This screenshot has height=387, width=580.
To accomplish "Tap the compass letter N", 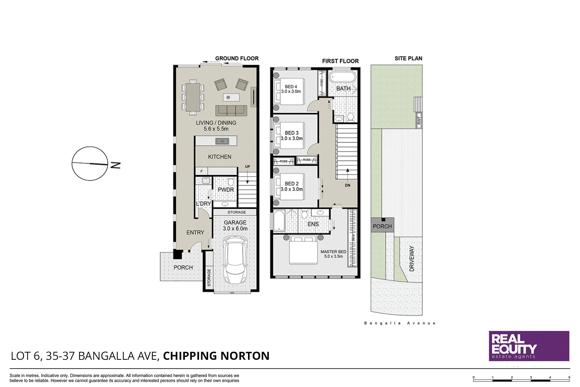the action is [x=115, y=165].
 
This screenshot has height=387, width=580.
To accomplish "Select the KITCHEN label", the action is [x=220, y=157].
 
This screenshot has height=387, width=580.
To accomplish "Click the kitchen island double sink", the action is [x=222, y=141].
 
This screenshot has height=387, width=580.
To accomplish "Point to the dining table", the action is [x=193, y=97].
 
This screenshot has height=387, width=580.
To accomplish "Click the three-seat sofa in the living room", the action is [x=231, y=111].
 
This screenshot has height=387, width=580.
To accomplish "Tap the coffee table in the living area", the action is [x=231, y=97].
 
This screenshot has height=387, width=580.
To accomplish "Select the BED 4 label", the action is [x=291, y=86].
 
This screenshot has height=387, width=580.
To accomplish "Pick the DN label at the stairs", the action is [x=348, y=185].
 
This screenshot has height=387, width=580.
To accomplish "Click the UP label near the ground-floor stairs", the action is [x=247, y=167].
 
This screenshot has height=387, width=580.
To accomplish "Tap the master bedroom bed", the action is [x=303, y=251].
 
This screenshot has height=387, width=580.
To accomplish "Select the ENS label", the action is [x=313, y=224].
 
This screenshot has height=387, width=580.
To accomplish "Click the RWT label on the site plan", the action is [x=419, y=120].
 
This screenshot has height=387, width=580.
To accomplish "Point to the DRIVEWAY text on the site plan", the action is [x=411, y=259].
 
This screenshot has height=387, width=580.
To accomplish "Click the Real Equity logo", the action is [x=529, y=346].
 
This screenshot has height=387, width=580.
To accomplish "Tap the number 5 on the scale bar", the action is [x=569, y=377].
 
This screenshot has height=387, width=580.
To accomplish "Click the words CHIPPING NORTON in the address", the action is [x=216, y=356].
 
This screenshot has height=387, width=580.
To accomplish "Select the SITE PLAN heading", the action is [x=408, y=58].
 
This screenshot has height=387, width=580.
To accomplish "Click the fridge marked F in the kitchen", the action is [x=201, y=171].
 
